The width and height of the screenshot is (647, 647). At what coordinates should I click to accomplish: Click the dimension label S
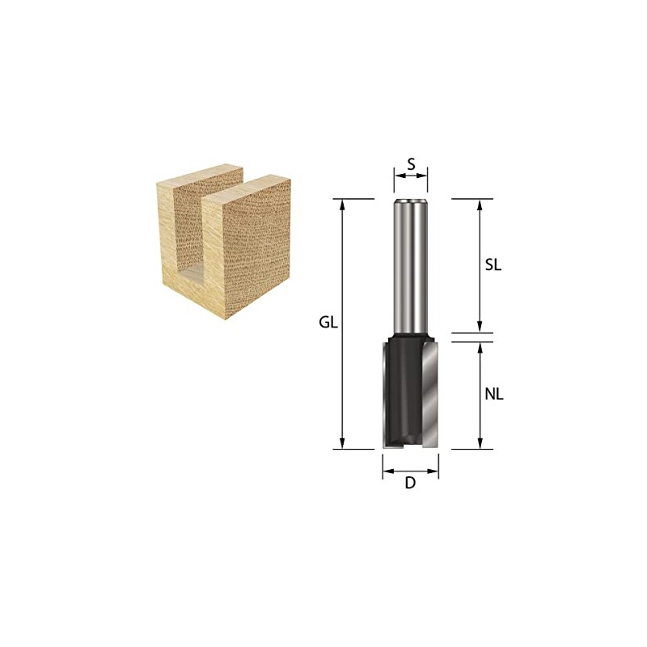411,164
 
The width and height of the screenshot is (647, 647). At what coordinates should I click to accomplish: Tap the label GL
327,323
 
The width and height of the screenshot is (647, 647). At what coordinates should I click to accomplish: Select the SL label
493,264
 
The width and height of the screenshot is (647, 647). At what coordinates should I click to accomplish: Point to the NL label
494,395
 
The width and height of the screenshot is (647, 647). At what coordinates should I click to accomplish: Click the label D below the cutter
410,484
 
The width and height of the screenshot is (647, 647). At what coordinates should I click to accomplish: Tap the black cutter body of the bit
402,388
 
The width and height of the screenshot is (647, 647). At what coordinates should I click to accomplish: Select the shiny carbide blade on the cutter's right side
430,392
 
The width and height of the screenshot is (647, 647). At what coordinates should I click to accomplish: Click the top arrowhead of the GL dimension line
344,205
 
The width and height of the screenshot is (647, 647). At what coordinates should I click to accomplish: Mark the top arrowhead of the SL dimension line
480,205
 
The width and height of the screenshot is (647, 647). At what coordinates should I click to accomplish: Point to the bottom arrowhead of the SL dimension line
480,327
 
